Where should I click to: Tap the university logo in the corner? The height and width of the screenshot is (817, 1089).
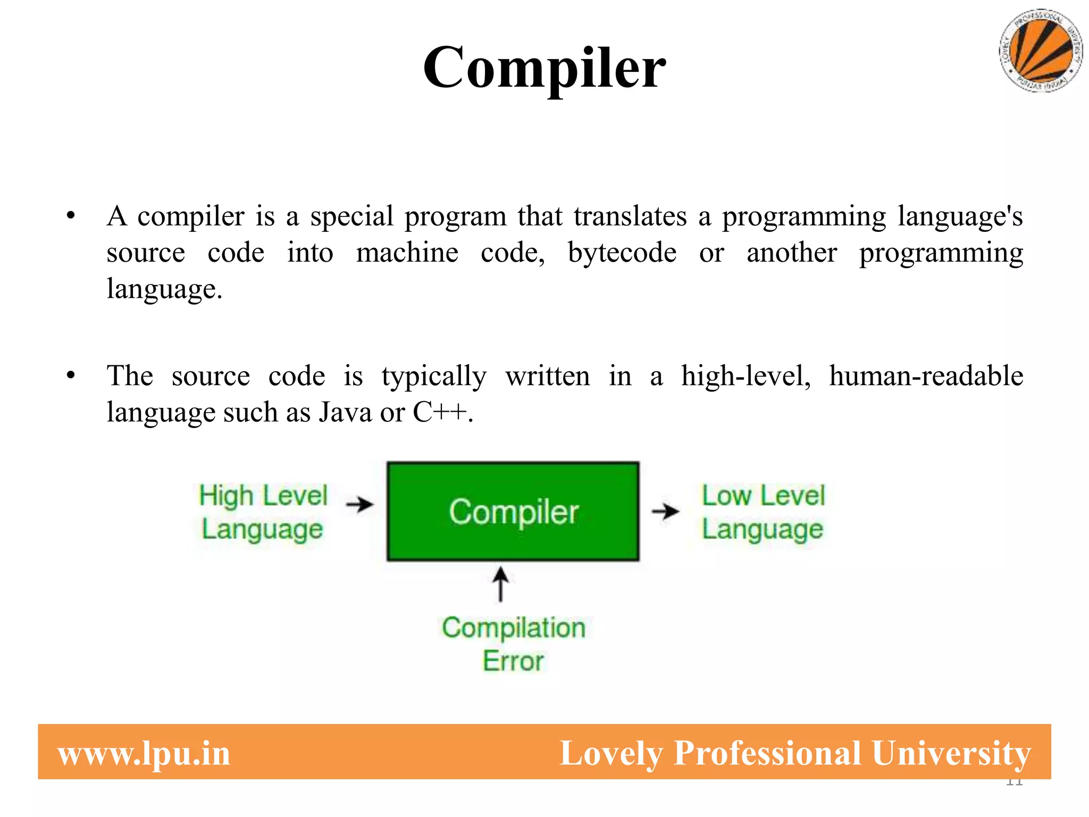1041,51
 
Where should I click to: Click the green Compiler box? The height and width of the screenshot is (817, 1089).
513,511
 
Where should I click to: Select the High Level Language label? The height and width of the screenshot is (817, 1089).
263,512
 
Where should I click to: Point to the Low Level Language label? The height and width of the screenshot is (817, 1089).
763,512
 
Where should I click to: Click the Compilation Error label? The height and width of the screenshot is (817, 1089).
514,644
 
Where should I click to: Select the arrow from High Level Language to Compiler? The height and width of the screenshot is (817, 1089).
360,504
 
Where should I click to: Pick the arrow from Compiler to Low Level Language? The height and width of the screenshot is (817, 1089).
665,511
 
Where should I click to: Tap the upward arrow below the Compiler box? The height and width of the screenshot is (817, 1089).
500,583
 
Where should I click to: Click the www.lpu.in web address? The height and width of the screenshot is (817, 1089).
144,754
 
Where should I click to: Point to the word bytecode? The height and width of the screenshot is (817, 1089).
622,253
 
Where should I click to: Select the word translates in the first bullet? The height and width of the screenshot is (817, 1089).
630,216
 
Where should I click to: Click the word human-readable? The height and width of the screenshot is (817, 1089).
926,376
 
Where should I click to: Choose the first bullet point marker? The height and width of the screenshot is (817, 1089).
71,216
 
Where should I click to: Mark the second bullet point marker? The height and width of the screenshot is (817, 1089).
71,376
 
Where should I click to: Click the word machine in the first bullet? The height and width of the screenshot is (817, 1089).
407,253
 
